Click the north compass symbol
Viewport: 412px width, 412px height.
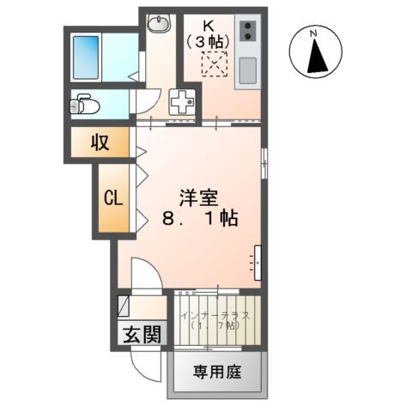click(x=316, y=53)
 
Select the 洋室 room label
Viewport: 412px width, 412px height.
click(x=198, y=197)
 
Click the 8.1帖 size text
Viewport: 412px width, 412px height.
click(x=198, y=220)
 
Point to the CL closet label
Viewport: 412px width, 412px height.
click(x=114, y=197)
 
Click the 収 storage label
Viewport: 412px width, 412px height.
click(x=100, y=142)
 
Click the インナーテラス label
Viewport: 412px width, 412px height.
click(x=215, y=316)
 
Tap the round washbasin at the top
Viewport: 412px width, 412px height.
click(x=159, y=23)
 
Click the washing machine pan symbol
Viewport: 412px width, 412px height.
click(x=183, y=103)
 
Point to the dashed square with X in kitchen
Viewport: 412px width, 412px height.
click(x=213, y=64)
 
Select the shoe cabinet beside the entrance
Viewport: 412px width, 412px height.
click(x=124, y=307)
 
